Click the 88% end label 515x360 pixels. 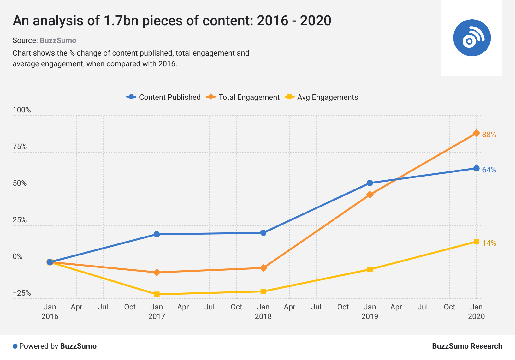pos(489,135)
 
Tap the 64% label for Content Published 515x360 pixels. pos(489,170)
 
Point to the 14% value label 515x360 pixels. pos(489,243)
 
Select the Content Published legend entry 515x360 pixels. pos(164,97)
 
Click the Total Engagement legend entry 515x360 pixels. pos(243,97)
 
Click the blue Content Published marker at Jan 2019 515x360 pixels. pos(370,183)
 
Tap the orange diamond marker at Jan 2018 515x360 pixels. pos(263,268)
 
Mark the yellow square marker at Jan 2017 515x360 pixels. pos(157,294)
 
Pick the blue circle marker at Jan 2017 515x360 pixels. pos(157,234)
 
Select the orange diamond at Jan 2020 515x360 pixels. pos(477,133)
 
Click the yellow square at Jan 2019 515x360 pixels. pos(370,269)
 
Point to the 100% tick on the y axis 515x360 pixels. pos(22,110)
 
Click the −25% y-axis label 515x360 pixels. pos(22,293)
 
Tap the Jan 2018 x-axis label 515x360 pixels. pos(263,311)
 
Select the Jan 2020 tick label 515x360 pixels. pos(476,311)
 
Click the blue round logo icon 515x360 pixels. pos(472,38)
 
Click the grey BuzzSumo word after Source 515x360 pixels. pos(58,40)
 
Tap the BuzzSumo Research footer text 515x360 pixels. pos(467,346)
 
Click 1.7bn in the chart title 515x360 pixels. pos(121,21)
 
